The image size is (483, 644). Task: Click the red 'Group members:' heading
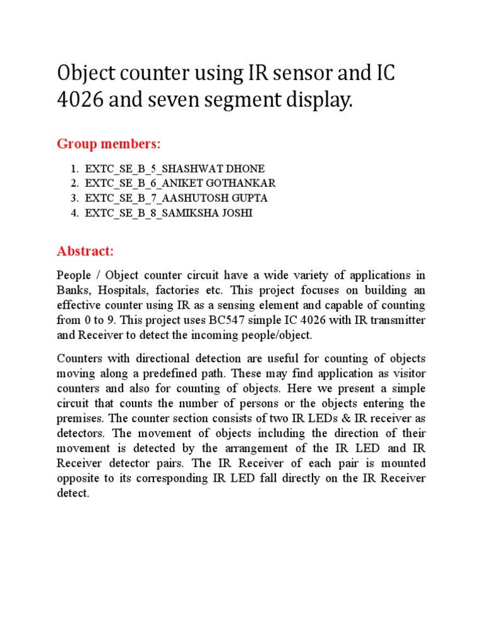click(x=109, y=144)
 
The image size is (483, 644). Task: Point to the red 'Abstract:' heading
click(x=86, y=251)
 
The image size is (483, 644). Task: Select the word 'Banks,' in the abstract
click(x=70, y=291)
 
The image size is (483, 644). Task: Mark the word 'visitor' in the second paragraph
click(x=409, y=374)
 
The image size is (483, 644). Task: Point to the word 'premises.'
click(x=79, y=418)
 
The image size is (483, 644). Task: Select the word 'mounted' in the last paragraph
click(x=403, y=464)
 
